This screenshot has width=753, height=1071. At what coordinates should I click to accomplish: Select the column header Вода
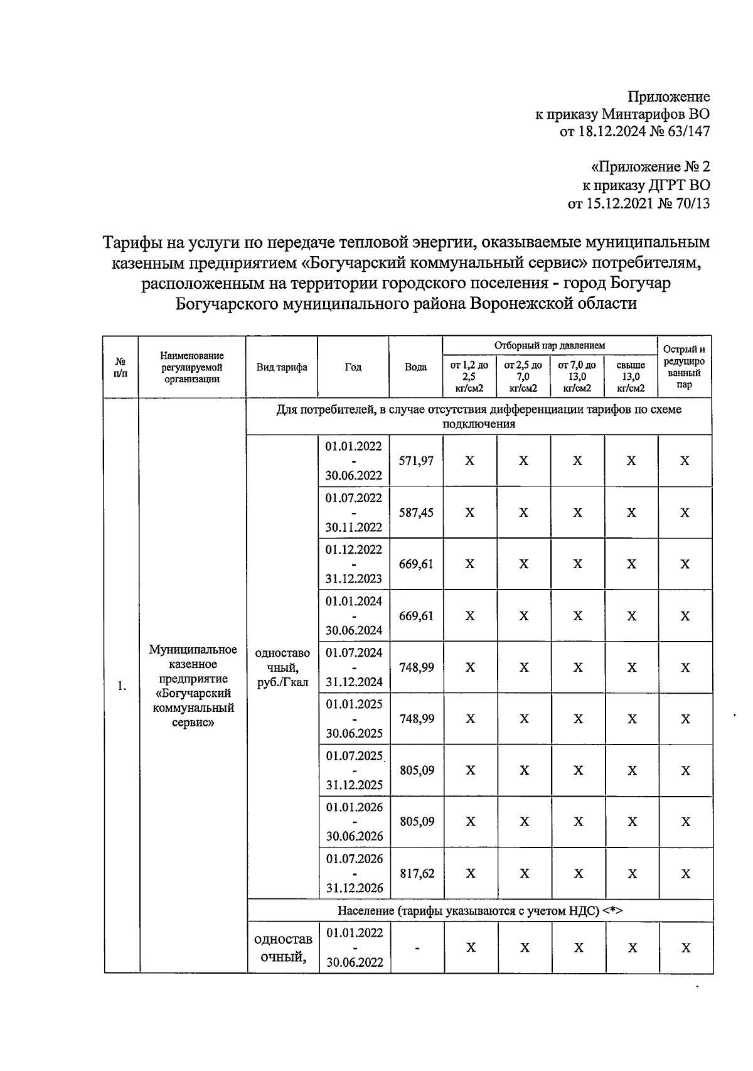point(415,367)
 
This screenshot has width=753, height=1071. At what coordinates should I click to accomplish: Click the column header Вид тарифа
point(282,367)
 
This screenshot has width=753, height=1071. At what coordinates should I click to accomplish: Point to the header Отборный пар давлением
point(549,345)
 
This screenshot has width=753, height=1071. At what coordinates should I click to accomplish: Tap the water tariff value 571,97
point(416,461)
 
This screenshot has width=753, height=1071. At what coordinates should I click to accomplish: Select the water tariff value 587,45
point(416,513)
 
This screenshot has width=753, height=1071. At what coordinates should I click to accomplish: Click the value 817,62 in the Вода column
point(417,873)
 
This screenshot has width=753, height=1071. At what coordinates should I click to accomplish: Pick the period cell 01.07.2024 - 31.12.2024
point(354,667)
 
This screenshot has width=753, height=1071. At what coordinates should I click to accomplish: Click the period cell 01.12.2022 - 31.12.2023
point(354,564)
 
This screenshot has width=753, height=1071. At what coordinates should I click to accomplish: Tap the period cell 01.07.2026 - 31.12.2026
point(355,873)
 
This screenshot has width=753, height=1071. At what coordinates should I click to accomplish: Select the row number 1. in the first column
point(122,686)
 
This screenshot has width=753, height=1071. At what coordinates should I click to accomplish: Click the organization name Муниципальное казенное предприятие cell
point(193,686)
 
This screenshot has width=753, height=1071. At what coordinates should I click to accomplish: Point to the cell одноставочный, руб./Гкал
point(282,667)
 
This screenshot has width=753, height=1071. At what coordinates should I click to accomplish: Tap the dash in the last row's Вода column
point(417,947)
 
